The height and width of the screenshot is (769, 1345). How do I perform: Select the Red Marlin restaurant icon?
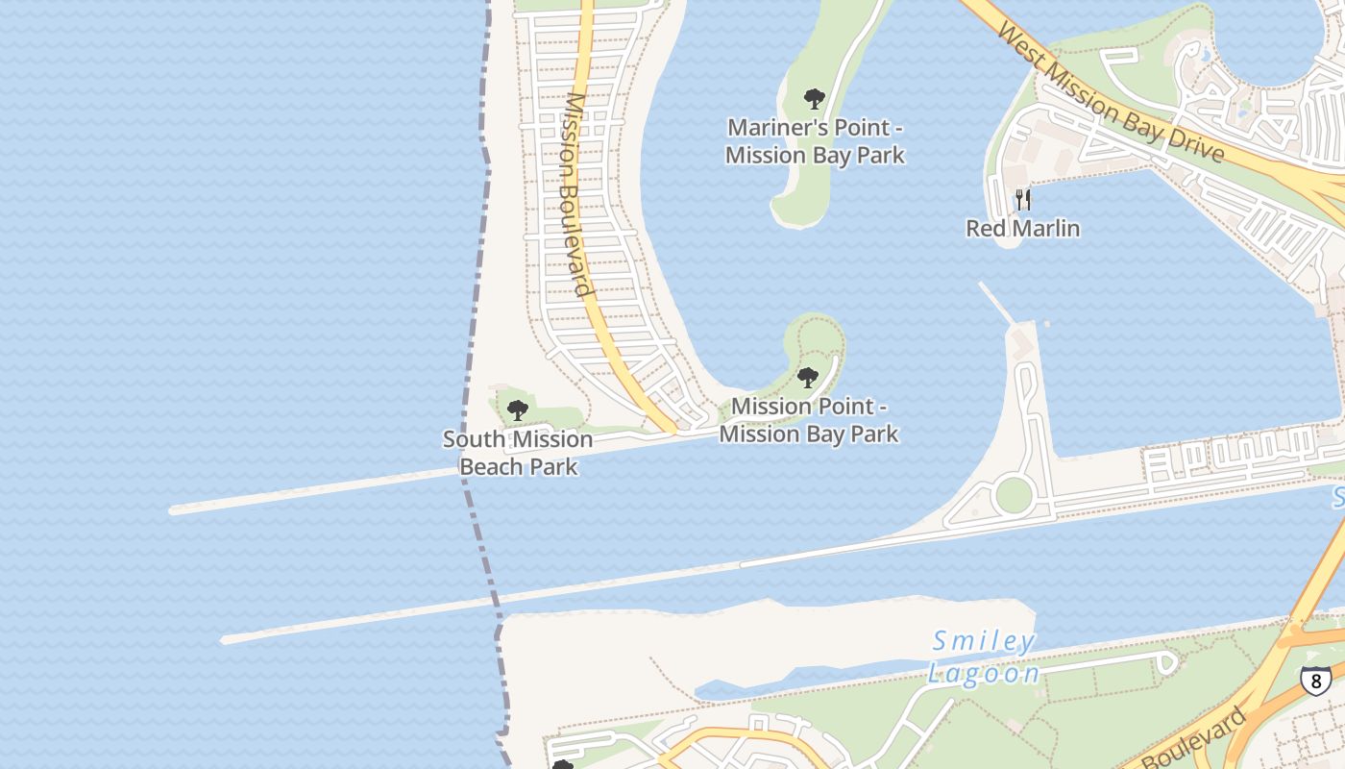1023,200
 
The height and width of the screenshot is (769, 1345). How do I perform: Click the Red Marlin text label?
1022,229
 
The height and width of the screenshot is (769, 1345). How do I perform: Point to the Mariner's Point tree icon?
814,98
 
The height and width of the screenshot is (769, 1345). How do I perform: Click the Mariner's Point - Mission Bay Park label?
815,141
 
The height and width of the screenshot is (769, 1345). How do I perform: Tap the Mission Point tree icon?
808,377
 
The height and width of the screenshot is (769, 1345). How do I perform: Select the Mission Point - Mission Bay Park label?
809,420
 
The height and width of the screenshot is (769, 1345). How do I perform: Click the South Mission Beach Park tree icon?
518,410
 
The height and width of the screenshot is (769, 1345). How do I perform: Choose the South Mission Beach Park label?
518,453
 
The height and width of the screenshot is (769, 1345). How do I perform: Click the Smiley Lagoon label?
984,657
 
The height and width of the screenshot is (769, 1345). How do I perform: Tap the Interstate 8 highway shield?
1315,680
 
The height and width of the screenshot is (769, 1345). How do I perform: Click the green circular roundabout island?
1014,496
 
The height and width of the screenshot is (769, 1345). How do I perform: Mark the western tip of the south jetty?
225,638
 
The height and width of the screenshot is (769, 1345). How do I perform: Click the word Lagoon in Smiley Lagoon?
984,673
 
